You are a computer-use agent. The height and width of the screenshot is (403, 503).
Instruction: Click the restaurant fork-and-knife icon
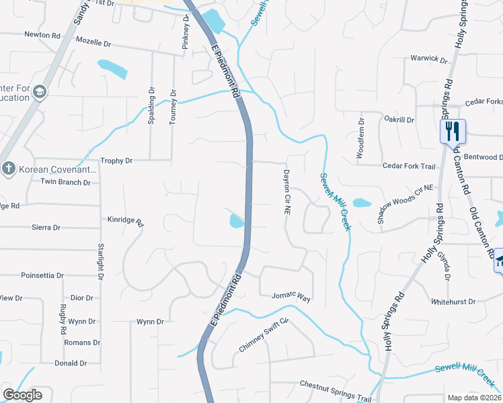click(x=452, y=130)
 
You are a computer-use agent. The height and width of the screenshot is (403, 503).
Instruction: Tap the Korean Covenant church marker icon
click(x=9, y=168)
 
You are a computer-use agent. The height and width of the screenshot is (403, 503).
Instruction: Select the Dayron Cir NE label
click(x=286, y=192)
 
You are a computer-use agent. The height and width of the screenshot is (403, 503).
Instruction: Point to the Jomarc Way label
click(x=291, y=296)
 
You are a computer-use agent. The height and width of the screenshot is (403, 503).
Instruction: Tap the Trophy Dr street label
click(x=116, y=161)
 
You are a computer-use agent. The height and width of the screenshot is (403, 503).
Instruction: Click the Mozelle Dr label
click(x=93, y=43)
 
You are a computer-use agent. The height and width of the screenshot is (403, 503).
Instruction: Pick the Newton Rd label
click(x=42, y=34)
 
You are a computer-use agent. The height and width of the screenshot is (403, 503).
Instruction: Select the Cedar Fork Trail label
click(x=409, y=166)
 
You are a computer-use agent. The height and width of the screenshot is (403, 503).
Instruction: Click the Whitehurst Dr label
click(x=453, y=302)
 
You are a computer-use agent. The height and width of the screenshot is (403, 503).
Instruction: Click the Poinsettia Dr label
click(x=42, y=275)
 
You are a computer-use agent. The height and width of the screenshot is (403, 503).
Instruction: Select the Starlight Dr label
click(x=100, y=262)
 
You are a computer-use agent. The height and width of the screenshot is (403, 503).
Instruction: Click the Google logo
click(x=22, y=395)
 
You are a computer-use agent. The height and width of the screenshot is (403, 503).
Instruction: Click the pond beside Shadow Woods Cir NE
click(x=362, y=203)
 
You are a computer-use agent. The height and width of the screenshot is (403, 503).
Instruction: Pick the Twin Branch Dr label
click(x=65, y=182)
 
